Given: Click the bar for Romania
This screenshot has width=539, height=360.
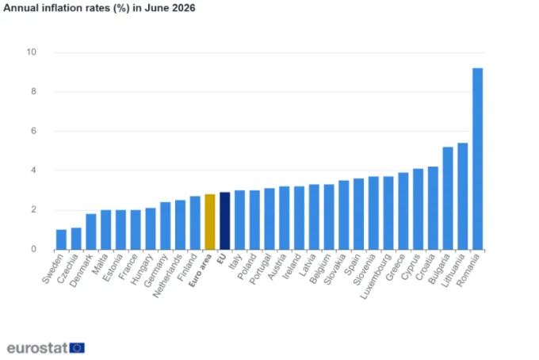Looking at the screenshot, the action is point(477,159).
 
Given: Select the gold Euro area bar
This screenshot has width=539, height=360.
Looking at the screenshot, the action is point(210,222).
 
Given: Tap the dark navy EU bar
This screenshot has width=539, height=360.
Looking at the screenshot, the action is point(225,220).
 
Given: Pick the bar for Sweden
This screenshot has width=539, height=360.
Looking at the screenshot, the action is point(61,239).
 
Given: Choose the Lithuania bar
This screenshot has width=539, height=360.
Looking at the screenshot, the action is point(463,197).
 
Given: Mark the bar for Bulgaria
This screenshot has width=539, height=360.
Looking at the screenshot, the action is point(448,198).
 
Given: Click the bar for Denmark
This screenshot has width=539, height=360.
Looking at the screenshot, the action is point(91,232).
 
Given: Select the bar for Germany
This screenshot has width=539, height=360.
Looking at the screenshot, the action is point(166,226).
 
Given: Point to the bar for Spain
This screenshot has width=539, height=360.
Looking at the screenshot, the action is point(358,214).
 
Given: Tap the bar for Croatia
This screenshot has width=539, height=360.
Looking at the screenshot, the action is point(433,208).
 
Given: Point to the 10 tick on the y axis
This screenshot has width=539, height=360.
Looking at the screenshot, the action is point(31,52).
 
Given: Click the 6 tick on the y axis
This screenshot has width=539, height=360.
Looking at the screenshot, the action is point(33,131).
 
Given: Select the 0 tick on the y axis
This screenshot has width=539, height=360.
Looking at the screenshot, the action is point(33,249).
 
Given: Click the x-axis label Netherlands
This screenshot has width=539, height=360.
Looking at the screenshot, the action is point(167,276).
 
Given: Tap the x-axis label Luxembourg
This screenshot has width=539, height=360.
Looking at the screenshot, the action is point(376,277).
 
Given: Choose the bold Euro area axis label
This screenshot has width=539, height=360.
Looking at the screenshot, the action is point(200,270).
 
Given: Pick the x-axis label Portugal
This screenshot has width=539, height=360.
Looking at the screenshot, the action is point(261,270).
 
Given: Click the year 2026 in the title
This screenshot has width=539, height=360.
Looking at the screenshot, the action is point(184,8).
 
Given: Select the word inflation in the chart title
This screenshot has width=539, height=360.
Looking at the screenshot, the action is point(58,8).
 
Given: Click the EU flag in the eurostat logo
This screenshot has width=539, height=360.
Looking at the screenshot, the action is point(77,348).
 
